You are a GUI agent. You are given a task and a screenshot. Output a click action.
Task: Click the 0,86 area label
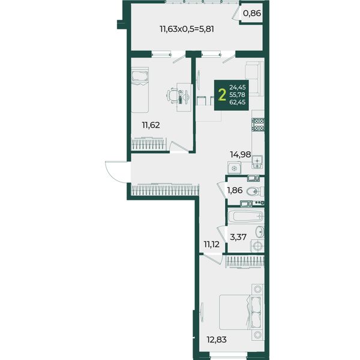[x=252, y=13]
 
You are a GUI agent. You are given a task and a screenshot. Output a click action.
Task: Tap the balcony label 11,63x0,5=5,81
[x=187, y=29]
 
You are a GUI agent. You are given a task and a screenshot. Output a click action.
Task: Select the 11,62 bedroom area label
[x=151, y=125]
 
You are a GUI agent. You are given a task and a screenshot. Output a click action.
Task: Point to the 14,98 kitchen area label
[x=241, y=155]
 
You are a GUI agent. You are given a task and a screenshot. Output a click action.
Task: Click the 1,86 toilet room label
[x=235, y=190]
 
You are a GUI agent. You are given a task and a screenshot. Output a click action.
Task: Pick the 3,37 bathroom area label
[x=238, y=237]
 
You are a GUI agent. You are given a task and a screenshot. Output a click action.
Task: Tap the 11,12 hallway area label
[x=212, y=244]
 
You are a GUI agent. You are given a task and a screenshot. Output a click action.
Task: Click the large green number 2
[x=222, y=95]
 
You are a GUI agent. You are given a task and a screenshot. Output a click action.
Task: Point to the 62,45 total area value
[x=238, y=102]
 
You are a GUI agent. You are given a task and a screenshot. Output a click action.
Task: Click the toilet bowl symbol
[x=255, y=191]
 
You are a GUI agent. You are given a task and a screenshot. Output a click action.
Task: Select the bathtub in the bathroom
[x=245, y=216]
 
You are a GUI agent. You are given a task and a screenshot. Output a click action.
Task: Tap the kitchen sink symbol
[x=257, y=162]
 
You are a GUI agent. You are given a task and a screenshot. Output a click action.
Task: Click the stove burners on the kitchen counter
[x=258, y=124]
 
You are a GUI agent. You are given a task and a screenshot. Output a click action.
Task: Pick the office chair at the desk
[x=172, y=96]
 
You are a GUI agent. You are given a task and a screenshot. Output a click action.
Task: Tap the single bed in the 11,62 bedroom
[x=140, y=90]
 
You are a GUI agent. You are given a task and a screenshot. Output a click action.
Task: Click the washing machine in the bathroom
[x=257, y=246]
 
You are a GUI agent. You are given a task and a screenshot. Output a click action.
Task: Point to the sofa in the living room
[x=254, y=79]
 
